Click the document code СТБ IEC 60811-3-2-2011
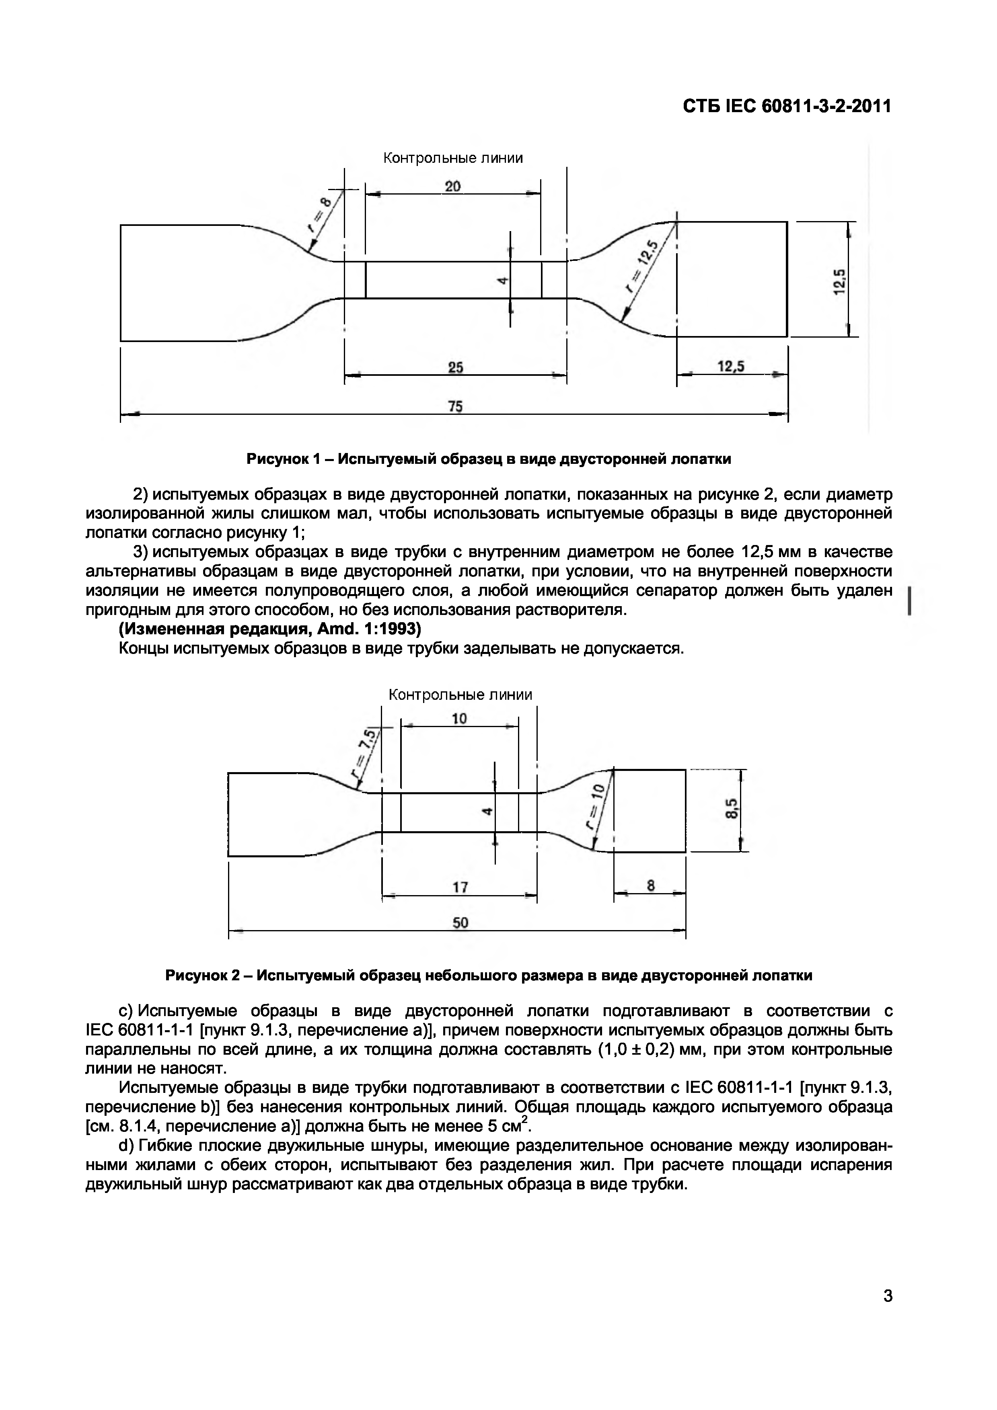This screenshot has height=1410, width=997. (787, 106)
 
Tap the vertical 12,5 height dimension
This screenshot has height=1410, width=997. (839, 281)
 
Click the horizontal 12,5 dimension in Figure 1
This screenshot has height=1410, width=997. (730, 366)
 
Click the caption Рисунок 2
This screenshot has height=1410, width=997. (488, 975)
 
